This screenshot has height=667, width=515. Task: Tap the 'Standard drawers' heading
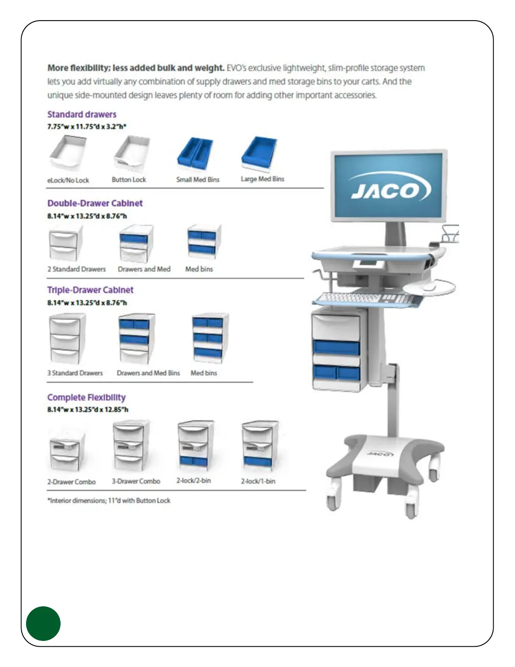(82, 115)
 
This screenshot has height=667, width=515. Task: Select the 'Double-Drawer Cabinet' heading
(95, 203)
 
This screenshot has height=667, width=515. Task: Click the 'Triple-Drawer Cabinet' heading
(90, 290)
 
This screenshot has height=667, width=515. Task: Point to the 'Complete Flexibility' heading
(86, 398)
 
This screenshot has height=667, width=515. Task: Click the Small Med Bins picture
(195, 154)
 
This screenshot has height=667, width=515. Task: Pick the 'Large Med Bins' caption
(262, 179)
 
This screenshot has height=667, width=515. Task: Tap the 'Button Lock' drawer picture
(131, 154)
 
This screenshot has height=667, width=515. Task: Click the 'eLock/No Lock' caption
(68, 180)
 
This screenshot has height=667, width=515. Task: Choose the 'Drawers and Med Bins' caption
(148, 373)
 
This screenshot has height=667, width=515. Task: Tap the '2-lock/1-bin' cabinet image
(258, 446)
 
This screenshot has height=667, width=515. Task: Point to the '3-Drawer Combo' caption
(136, 481)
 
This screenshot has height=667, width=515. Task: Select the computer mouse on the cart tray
(429, 287)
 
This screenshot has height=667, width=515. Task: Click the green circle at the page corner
(43, 624)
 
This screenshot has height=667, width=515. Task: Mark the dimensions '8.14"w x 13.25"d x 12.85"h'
(88, 409)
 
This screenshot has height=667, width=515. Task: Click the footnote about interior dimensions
(109, 501)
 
